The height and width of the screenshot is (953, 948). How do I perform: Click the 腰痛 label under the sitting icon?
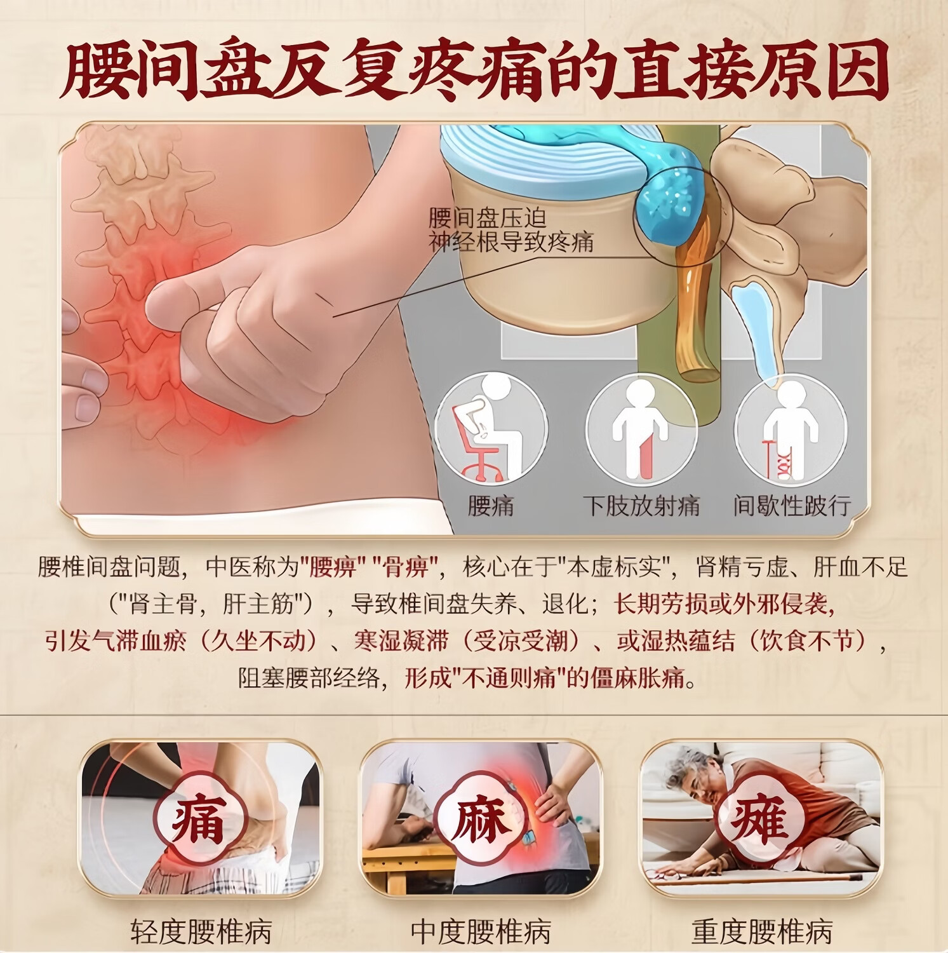point(491,506)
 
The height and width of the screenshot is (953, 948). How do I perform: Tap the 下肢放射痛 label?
point(641,506)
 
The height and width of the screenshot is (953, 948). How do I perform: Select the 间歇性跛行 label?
point(792,506)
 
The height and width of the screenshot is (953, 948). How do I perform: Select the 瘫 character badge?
point(759,820)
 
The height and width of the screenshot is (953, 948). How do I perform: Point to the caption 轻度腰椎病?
point(201,931)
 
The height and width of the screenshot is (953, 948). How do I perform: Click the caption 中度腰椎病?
point(480,931)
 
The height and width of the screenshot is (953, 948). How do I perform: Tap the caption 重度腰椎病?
point(761,931)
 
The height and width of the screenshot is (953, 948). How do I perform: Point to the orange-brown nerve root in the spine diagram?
point(695,299)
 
